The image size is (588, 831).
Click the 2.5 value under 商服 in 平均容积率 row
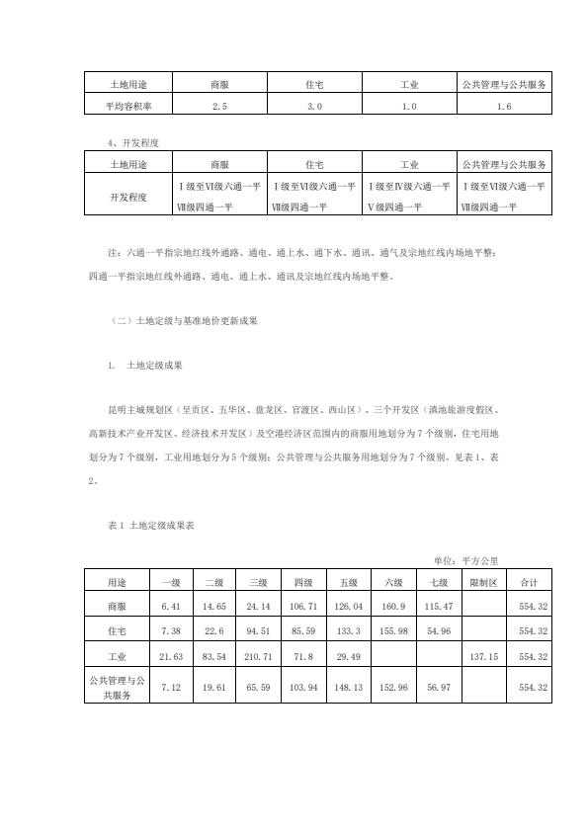(x=219, y=104)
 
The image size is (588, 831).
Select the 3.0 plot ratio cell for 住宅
(x=314, y=104)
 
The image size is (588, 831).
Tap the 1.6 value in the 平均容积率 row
(x=504, y=104)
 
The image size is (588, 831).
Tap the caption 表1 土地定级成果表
(x=150, y=527)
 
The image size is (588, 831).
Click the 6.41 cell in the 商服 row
(x=170, y=603)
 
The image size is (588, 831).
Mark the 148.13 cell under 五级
(x=349, y=686)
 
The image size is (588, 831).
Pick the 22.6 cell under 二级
(x=214, y=629)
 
